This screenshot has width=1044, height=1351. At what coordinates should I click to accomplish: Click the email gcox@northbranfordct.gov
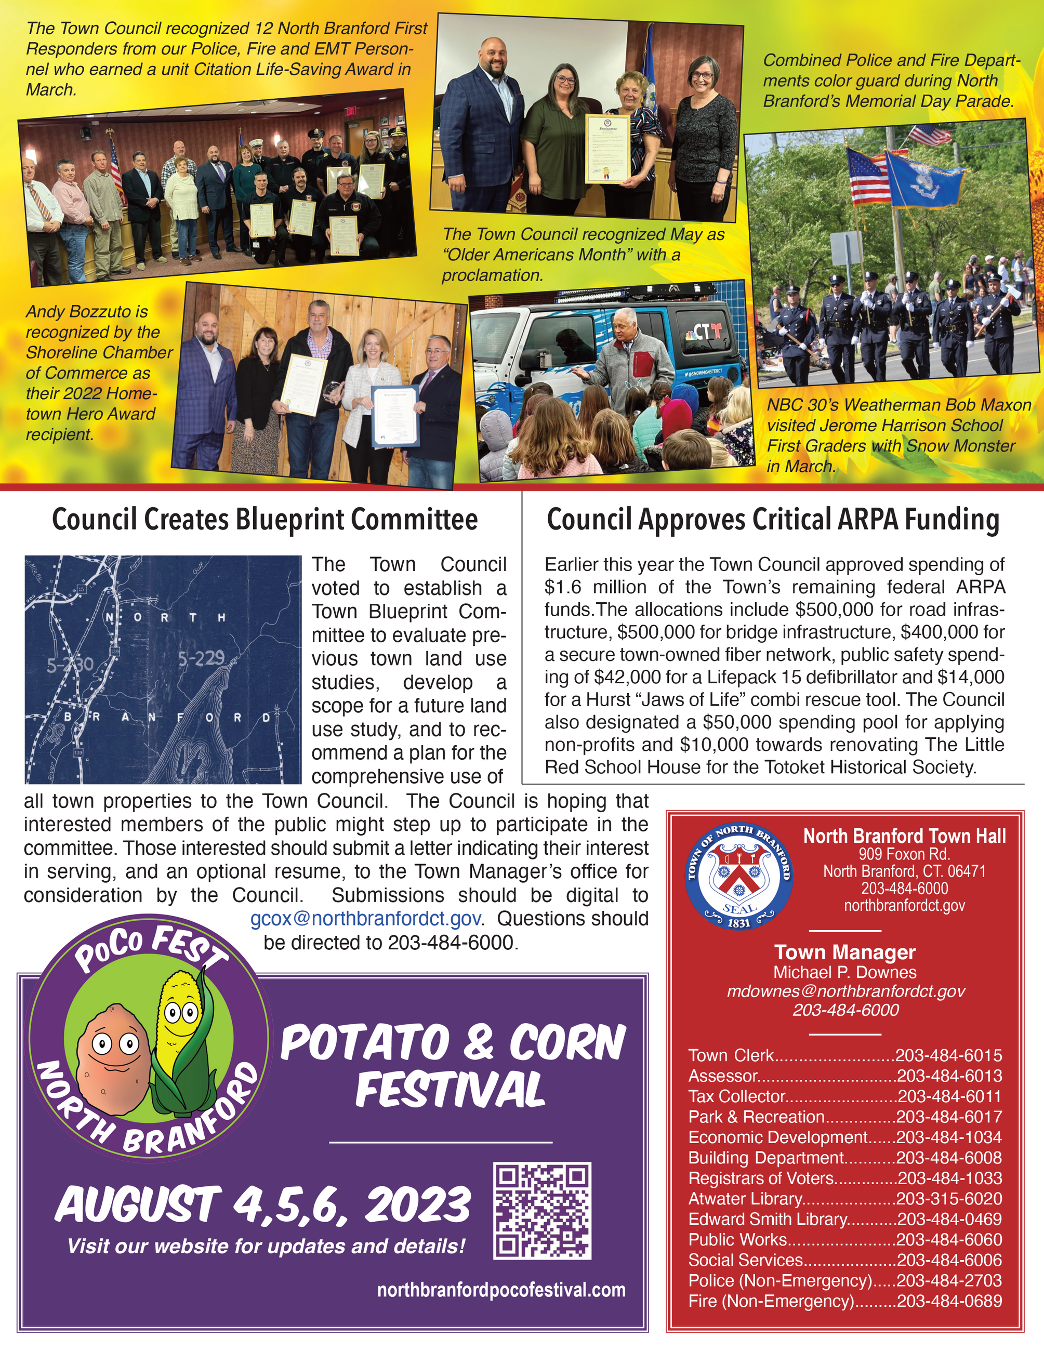[365, 919]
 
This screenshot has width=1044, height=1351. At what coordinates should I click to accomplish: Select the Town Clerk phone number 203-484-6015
[949, 1055]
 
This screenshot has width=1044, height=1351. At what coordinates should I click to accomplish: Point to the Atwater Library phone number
[949, 1199]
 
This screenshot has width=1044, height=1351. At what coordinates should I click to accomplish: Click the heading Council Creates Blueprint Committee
[265, 520]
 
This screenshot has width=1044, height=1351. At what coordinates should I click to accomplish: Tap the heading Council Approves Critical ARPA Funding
[773, 520]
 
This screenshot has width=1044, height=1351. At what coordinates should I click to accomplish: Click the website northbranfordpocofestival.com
[501, 1290]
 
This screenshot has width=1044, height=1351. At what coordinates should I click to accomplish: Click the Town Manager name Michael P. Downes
[845, 972]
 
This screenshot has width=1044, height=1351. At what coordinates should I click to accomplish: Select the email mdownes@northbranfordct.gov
[845, 991]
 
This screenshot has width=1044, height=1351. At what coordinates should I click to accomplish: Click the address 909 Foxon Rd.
[904, 854]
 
